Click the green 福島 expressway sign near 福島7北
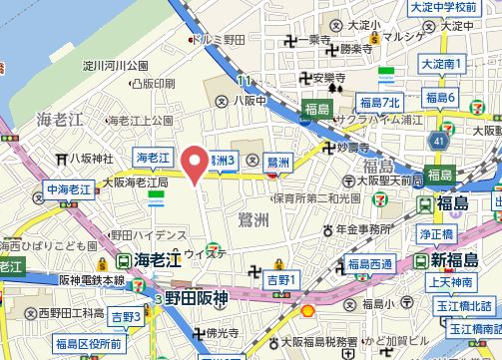317,108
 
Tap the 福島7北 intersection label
379,102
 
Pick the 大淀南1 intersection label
443,63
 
